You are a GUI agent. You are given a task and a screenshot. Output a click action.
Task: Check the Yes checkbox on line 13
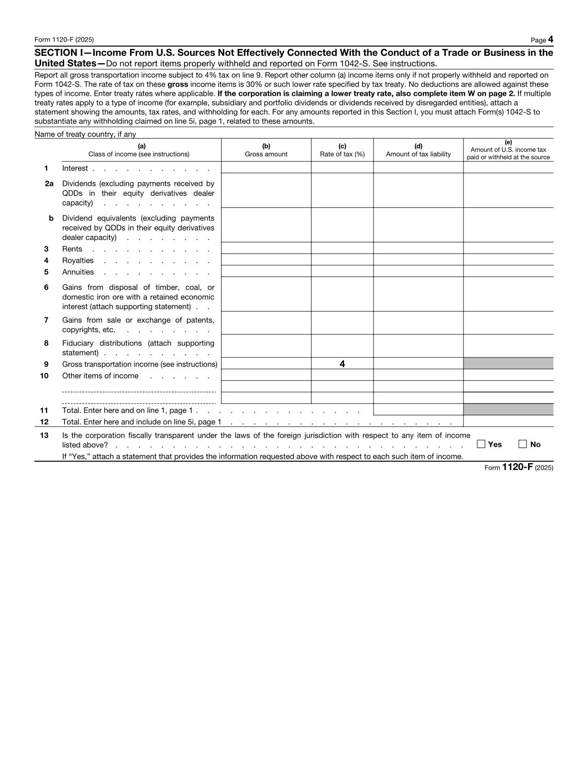click(x=481, y=444)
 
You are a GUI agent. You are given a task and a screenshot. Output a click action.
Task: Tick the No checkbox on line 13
click(x=523, y=444)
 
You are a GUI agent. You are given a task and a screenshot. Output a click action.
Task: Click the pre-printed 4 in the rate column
click(x=342, y=364)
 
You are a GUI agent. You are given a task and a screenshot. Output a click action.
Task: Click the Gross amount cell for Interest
click(x=266, y=167)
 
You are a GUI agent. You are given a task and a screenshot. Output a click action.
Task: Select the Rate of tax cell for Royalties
click(x=342, y=260)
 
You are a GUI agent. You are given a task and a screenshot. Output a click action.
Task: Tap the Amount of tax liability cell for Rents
click(x=418, y=248)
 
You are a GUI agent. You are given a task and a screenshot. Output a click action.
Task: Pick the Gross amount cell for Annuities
click(x=266, y=271)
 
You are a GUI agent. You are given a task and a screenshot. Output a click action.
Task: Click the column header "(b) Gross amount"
click(x=266, y=150)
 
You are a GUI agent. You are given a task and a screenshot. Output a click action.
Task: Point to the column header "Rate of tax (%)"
click(x=342, y=154)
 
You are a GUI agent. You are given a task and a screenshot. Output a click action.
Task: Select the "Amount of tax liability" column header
click(x=418, y=154)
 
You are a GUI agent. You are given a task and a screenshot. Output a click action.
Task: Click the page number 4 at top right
click(x=550, y=40)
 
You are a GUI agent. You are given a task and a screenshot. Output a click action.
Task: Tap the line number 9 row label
click(x=46, y=364)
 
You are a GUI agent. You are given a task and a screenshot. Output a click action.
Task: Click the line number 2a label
click(x=49, y=184)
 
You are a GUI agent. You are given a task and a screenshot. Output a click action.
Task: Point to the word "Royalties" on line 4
click(x=78, y=261)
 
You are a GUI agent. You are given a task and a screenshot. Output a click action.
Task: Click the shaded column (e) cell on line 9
click(x=508, y=363)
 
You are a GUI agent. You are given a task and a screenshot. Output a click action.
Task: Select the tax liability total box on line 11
click(x=418, y=410)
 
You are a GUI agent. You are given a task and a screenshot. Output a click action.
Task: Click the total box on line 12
click(x=508, y=421)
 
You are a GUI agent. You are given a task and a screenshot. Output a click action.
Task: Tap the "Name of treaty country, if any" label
click(x=85, y=134)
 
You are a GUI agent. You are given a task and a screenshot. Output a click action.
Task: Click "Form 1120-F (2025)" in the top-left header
click(x=64, y=40)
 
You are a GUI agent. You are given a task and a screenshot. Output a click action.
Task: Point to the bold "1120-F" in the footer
click(x=517, y=467)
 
